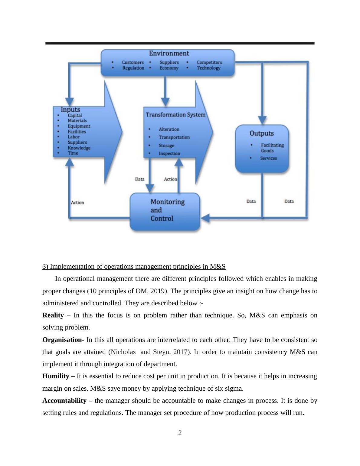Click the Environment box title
click(x=169, y=54)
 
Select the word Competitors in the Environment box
click(x=209, y=62)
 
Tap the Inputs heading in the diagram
click(x=70, y=110)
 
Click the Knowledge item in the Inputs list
click(x=79, y=148)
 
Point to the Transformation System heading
click(x=175, y=115)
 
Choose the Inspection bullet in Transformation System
click(x=169, y=153)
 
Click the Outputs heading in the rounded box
click(x=261, y=133)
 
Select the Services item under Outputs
click(x=268, y=158)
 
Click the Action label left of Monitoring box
click(x=77, y=202)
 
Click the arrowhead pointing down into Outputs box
click(x=262, y=120)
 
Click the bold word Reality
click(x=53, y=315)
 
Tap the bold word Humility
click(x=56, y=376)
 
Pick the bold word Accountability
click(x=64, y=401)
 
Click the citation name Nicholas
click(x=123, y=352)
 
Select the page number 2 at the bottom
click(x=180, y=433)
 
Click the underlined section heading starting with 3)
click(x=134, y=267)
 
